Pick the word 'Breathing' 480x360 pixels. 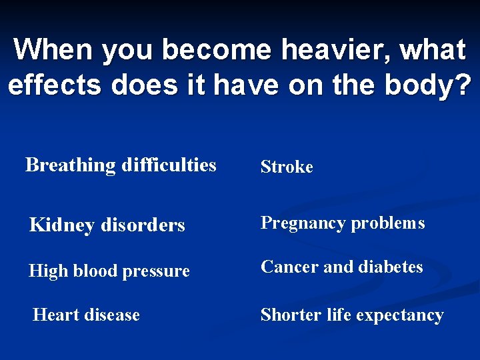(70, 165)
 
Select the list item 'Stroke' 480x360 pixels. (286, 167)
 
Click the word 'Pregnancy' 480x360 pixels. (300, 223)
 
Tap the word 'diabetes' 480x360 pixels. (392, 267)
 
